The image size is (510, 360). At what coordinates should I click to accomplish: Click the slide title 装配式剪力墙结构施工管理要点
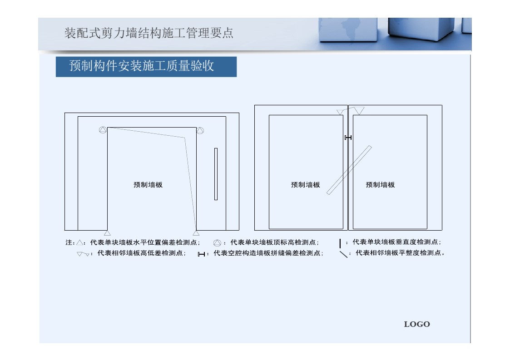click(149, 33)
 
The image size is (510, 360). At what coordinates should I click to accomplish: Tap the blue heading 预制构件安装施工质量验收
click(142, 66)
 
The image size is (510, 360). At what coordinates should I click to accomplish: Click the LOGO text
click(416, 324)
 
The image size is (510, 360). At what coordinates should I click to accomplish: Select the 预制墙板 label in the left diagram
click(148, 185)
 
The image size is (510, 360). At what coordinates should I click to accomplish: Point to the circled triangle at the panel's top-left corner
click(103, 130)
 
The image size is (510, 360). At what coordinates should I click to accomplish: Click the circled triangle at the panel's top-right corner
click(200, 130)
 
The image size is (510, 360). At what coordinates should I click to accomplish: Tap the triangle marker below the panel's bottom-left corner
click(107, 233)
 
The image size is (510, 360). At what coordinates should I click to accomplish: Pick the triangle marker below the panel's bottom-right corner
click(196, 233)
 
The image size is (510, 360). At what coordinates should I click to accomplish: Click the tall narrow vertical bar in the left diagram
click(216, 174)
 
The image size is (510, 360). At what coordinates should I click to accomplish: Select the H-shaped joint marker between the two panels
click(348, 138)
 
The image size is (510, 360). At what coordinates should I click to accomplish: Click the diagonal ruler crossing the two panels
click(349, 170)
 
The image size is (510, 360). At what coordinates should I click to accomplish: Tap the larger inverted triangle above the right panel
click(359, 111)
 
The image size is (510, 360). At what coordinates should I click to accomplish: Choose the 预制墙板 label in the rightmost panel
click(380, 185)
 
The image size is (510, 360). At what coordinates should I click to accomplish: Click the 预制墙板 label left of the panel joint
click(306, 185)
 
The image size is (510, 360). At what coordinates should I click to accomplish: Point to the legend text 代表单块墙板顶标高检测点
click(273, 242)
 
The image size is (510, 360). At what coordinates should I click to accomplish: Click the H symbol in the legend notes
click(201, 254)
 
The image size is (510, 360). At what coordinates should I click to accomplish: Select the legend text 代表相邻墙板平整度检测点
click(398, 253)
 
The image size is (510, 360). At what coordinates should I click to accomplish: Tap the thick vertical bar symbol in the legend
click(340, 243)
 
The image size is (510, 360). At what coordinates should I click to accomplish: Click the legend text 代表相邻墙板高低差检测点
click(140, 253)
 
